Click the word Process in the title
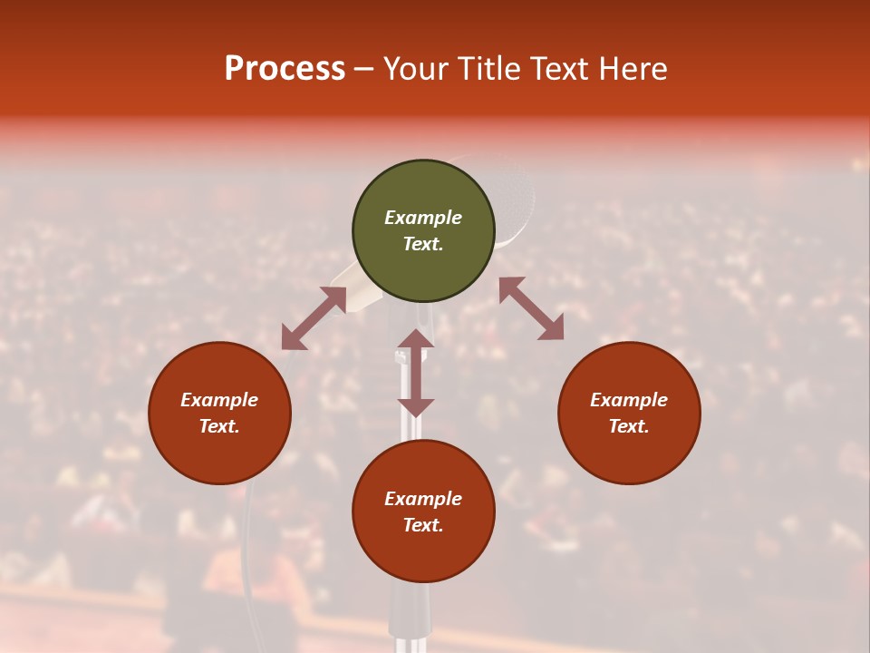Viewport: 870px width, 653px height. (x=285, y=69)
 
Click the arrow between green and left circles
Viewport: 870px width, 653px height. (x=314, y=318)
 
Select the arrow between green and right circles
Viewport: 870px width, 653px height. (x=531, y=308)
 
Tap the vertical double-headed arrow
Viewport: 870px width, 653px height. (x=416, y=373)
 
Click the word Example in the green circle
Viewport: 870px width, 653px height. (x=423, y=218)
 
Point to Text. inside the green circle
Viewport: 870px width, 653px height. (x=423, y=244)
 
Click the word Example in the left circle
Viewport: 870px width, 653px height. (x=219, y=400)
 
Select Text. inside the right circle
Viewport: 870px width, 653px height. (x=629, y=426)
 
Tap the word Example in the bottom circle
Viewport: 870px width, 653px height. (x=423, y=499)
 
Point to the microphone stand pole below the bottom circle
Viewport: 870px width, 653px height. (x=408, y=617)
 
